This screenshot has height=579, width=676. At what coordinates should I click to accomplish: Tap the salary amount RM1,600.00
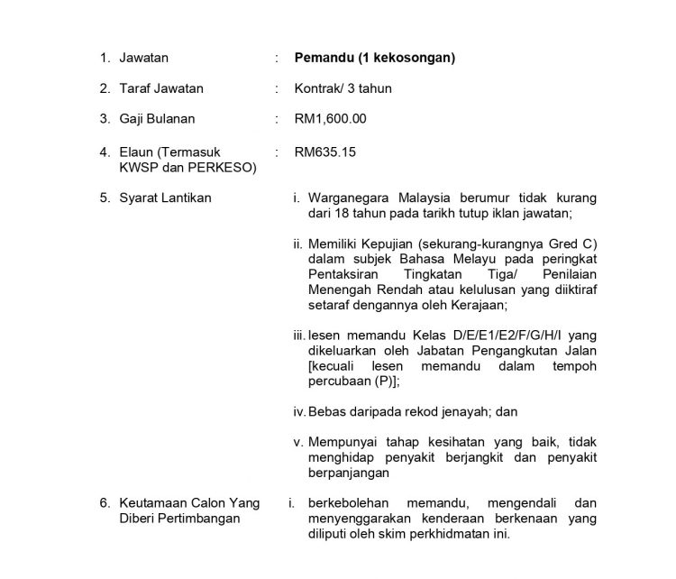coord(331,119)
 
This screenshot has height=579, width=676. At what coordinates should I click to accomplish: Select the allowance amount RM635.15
coord(325,152)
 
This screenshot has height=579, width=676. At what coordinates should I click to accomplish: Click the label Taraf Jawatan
coord(161,88)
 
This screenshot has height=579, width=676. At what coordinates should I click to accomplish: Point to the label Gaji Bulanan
coord(157,119)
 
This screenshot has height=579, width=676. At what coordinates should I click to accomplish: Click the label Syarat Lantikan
coord(165,198)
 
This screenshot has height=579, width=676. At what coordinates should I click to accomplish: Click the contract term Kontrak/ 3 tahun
coord(343,88)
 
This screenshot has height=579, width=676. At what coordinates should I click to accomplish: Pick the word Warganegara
coord(350,198)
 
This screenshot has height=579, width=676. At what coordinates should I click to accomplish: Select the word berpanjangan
coord(349,473)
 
